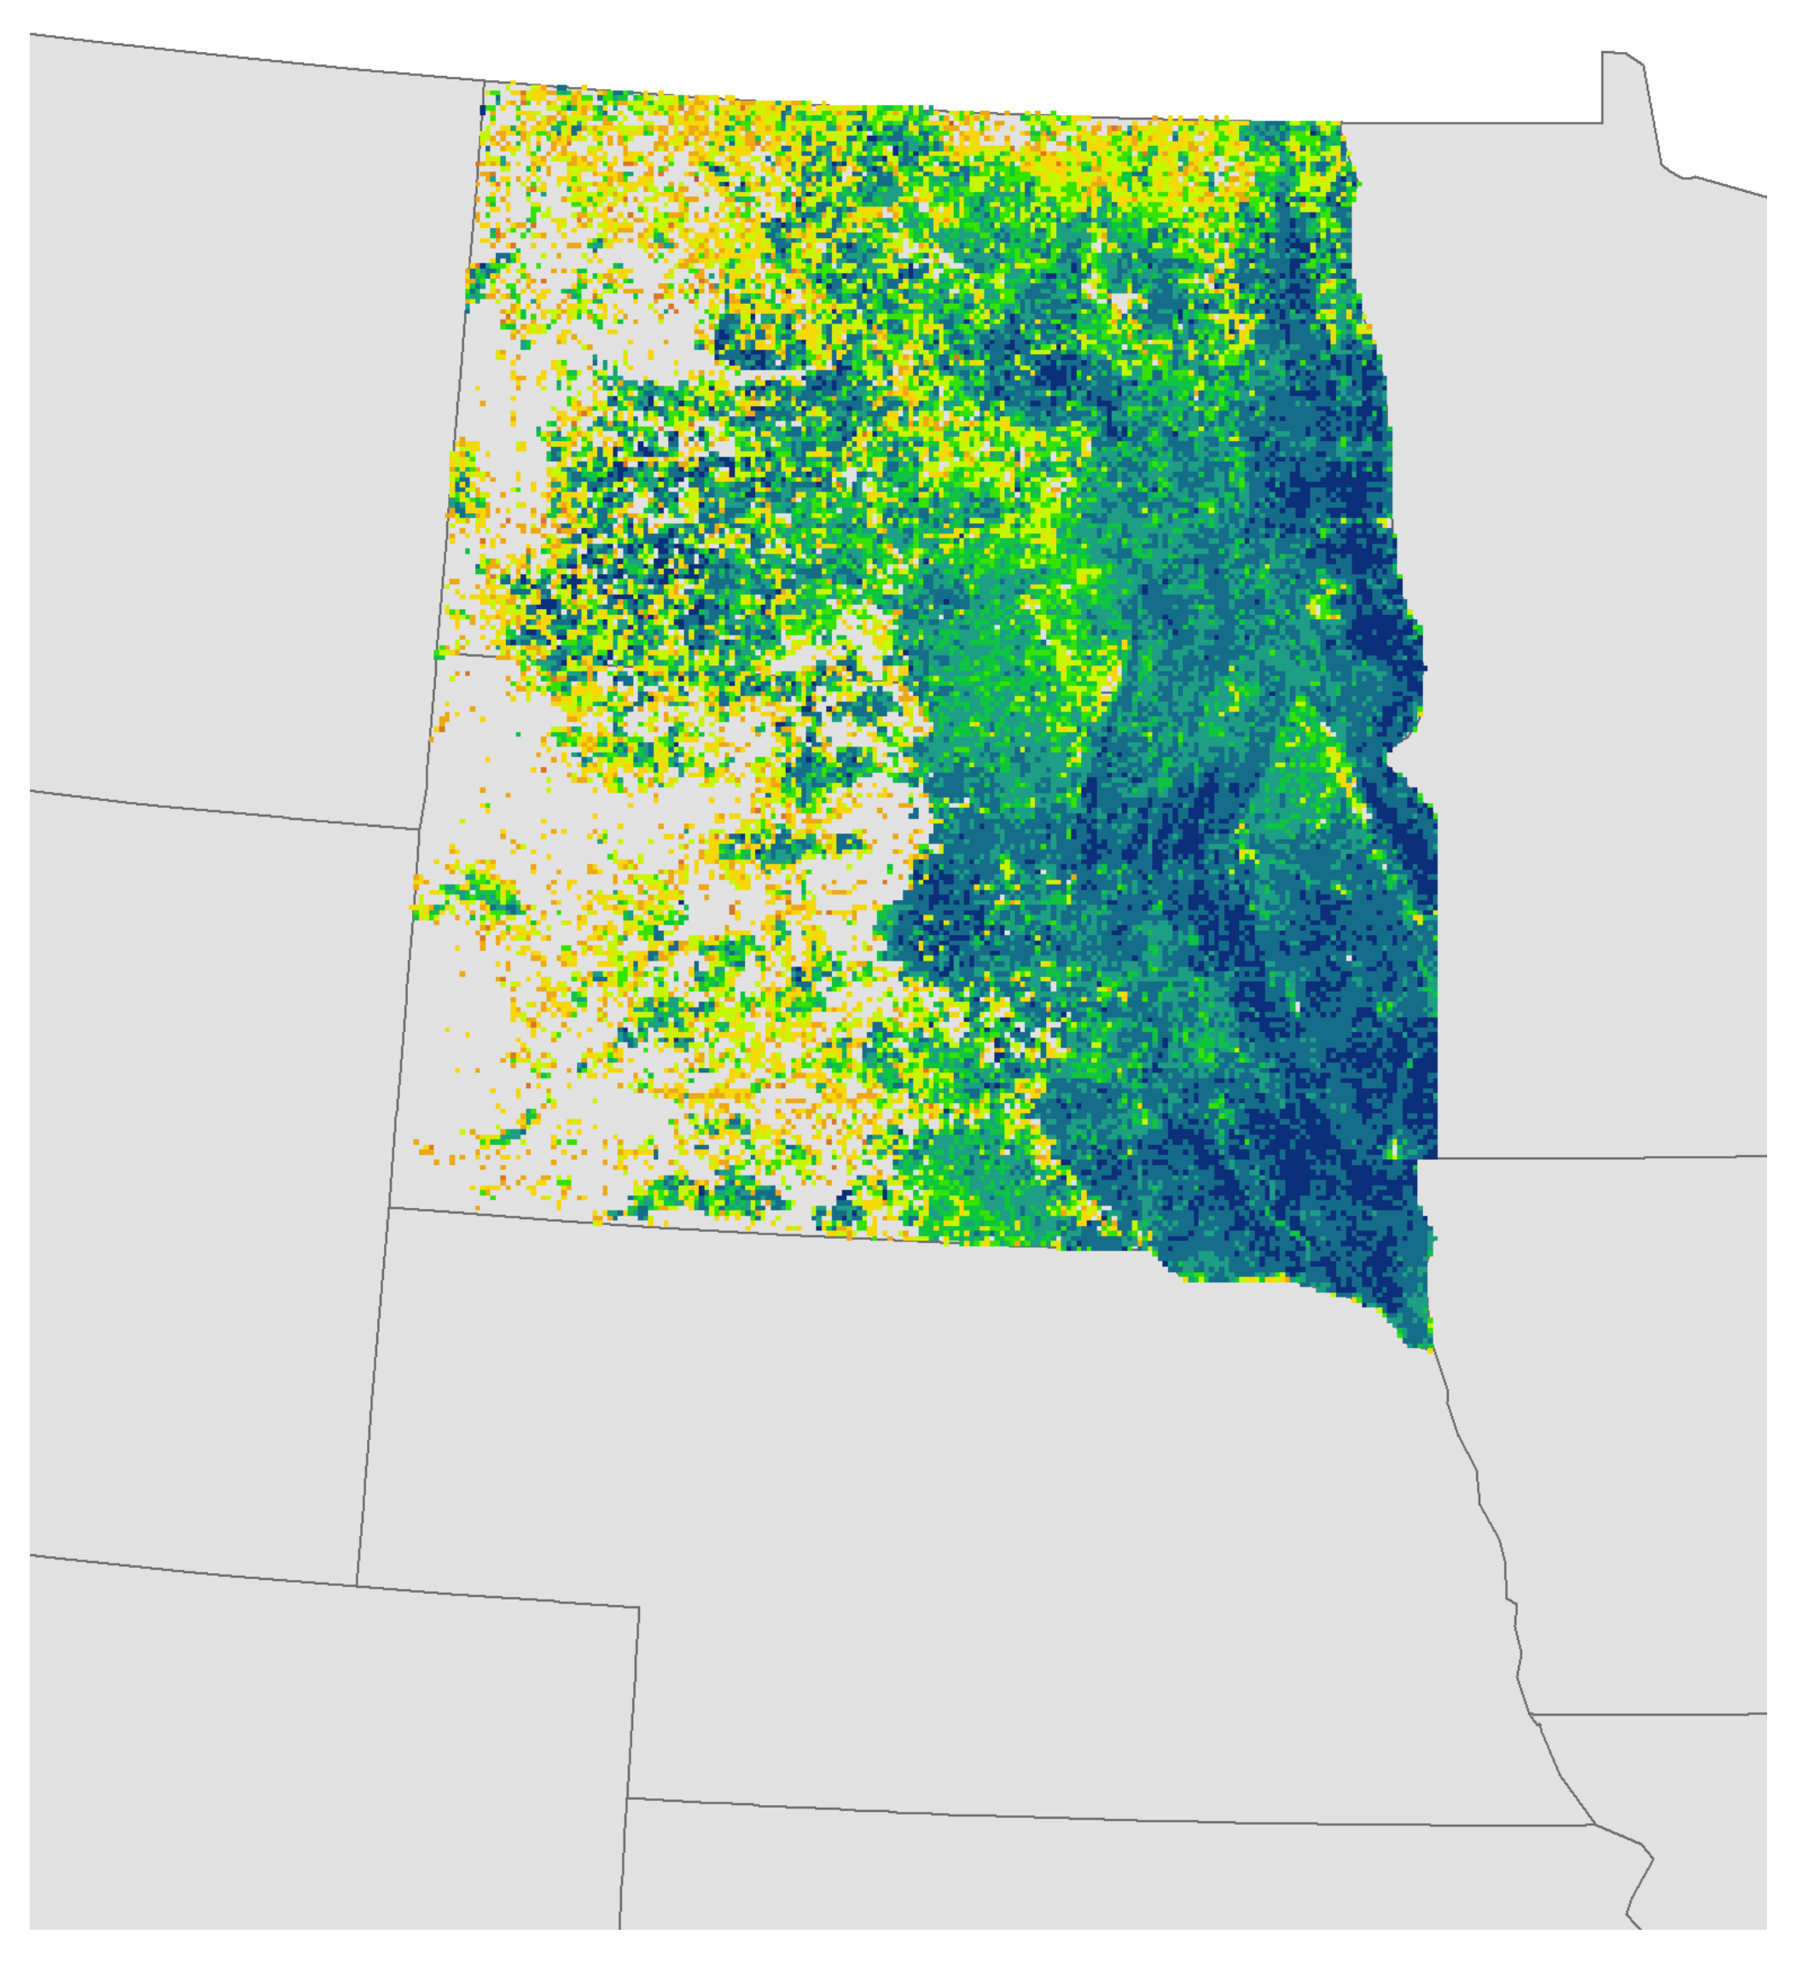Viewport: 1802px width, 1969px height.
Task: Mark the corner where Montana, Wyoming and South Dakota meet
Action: [420, 829]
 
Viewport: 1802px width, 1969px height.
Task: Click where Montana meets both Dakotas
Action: [434, 653]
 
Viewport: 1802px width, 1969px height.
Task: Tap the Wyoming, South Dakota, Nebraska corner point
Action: [390, 1207]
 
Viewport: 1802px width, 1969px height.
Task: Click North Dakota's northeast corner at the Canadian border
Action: [1341, 123]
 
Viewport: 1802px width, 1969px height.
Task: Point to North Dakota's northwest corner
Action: [485, 81]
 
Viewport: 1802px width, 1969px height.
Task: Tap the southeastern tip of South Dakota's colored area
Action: [1433, 1349]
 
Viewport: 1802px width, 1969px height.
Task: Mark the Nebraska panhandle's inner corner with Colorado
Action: [639, 1607]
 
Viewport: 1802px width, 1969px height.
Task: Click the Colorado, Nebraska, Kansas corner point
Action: [627, 1798]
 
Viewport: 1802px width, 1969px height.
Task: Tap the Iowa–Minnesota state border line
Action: [1592, 1158]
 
